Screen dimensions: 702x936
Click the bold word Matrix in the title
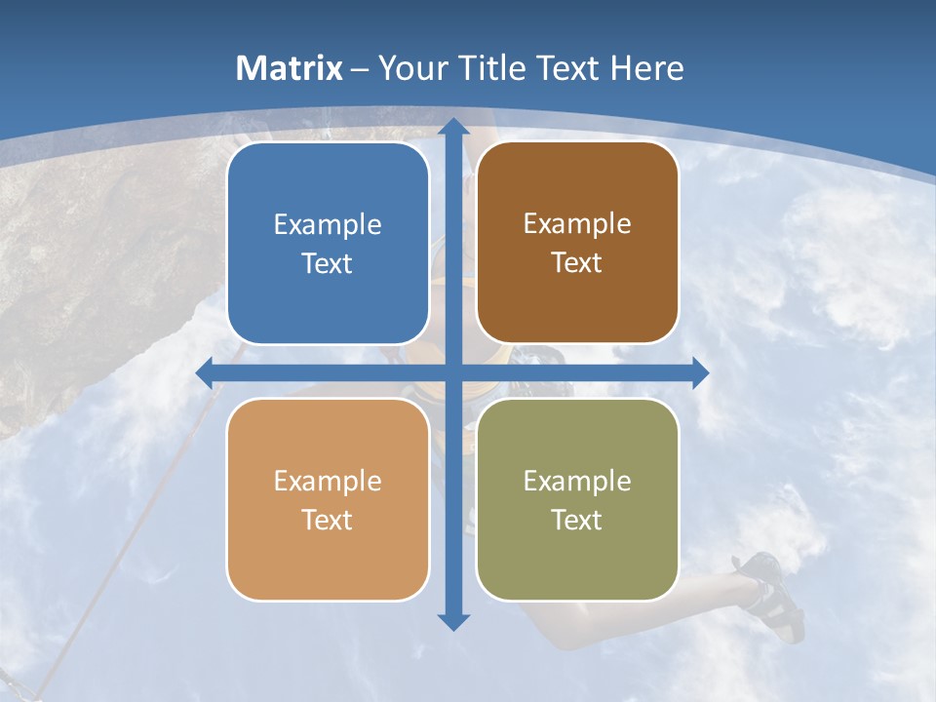290,68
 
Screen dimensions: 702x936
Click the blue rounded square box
328,244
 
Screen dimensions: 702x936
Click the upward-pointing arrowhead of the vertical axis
453,127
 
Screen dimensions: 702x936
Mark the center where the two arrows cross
453,372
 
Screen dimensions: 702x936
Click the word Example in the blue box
328,225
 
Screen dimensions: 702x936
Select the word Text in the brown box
577,263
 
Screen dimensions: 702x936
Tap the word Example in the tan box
328,482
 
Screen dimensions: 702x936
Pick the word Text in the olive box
577,520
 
